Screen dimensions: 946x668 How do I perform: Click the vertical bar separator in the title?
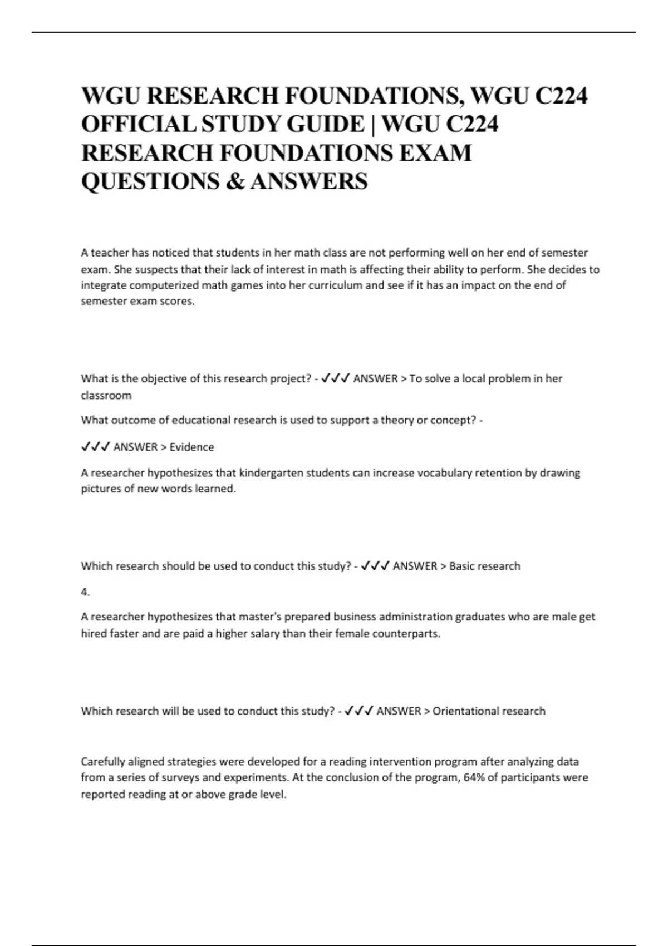point(373,124)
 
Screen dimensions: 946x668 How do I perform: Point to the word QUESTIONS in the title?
point(150,181)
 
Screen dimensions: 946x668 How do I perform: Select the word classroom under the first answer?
point(106,396)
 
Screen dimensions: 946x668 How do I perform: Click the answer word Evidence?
point(191,447)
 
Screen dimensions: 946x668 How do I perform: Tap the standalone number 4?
point(85,592)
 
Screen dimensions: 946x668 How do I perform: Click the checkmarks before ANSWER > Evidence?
point(95,447)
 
